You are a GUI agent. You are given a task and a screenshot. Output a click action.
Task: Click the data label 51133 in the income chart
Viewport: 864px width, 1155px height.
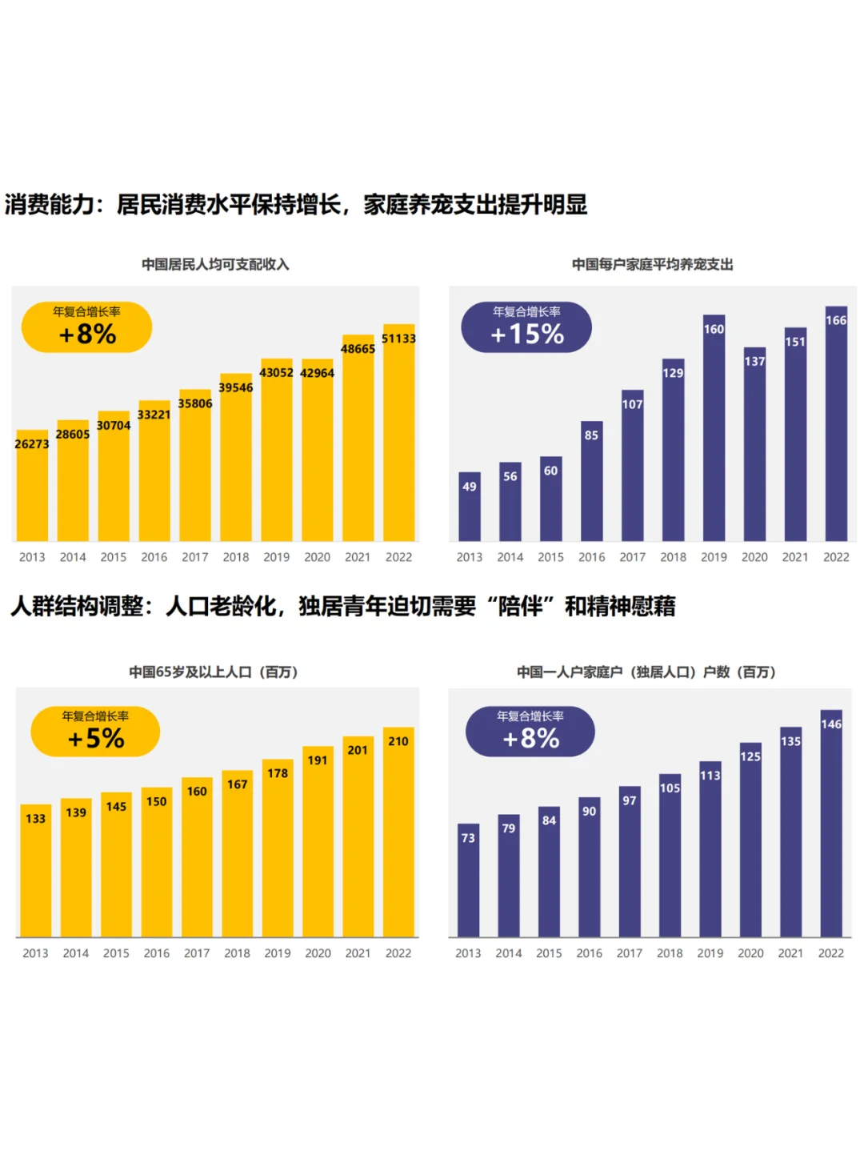click(398, 339)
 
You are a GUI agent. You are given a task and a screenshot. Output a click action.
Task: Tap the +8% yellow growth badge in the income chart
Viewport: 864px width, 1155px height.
click(86, 327)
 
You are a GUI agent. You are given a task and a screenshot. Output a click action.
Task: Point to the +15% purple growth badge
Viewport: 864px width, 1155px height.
click(526, 327)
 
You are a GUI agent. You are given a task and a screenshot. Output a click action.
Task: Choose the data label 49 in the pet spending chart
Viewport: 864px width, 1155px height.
click(470, 487)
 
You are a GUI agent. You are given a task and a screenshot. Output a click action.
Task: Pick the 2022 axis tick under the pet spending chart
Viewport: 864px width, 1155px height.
click(836, 557)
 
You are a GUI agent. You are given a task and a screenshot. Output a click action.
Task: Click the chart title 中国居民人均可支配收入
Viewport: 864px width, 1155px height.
click(215, 264)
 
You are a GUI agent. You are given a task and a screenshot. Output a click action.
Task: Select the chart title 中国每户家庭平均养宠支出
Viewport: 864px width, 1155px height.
click(652, 264)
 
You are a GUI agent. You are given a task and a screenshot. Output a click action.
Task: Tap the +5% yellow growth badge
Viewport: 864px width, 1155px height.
click(95, 732)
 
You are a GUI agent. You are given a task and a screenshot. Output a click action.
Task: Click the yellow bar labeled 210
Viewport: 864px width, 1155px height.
click(398, 840)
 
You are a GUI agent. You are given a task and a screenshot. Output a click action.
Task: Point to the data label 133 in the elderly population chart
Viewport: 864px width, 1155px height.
click(35, 818)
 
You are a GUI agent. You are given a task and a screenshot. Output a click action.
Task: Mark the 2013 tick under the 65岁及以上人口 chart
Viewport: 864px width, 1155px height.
click(35, 953)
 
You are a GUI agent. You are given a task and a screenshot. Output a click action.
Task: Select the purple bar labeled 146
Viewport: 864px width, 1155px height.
click(831, 832)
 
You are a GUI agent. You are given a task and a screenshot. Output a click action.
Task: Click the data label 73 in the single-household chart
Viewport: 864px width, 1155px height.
click(468, 838)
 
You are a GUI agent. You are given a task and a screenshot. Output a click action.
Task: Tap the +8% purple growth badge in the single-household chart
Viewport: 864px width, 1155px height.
click(530, 732)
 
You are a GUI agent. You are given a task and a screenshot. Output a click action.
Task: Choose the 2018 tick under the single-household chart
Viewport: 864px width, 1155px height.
click(670, 953)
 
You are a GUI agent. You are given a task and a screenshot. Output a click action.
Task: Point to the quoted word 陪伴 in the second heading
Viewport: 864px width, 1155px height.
click(520, 607)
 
